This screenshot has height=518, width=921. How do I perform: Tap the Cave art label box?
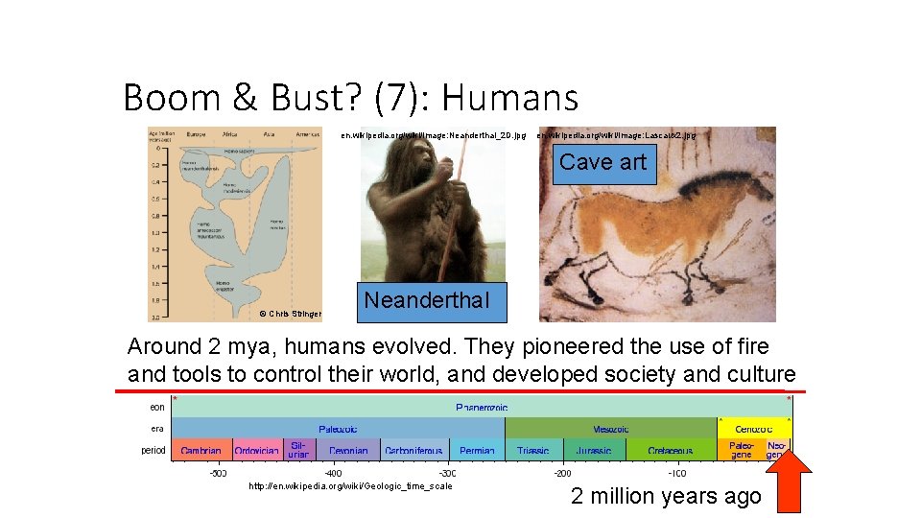click(602, 162)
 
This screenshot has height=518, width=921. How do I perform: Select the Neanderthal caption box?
click(426, 300)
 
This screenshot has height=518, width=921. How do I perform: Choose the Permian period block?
click(477, 450)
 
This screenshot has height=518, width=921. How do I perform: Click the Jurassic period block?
click(593, 450)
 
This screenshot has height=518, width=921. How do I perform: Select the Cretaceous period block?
click(671, 450)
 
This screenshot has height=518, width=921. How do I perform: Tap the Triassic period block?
click(533, 450)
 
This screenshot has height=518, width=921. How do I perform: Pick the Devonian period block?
click(348, 450)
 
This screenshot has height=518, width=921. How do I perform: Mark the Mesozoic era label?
click(611, 428)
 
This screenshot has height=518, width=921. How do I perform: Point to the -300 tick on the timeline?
click(448, 473)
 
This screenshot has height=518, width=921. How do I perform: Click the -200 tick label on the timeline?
click(562, 473)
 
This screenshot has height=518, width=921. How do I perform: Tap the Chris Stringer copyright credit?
click(291, 314)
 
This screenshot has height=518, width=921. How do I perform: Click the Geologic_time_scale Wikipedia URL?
click(350, 486)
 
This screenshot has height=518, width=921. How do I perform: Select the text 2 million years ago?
click(665, 496)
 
